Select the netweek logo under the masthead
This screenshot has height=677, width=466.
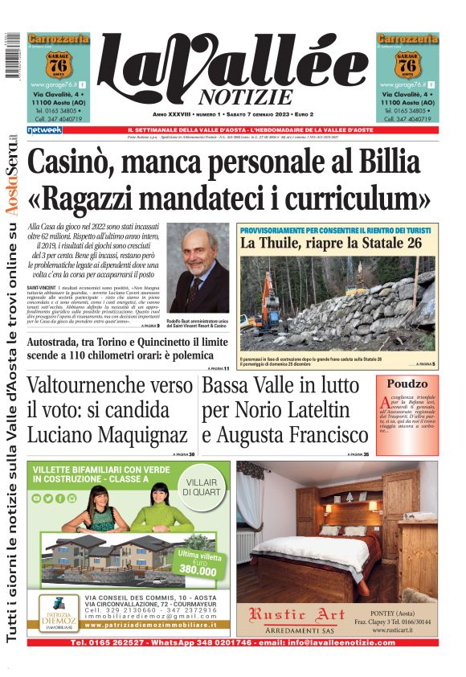[x=45, y=129]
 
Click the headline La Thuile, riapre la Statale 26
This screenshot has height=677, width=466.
[x=330, y=242]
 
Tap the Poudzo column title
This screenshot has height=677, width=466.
[x=407, y=384]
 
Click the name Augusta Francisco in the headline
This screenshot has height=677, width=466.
[x=285, y=435]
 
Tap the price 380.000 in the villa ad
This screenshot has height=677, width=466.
[x=198, y=570]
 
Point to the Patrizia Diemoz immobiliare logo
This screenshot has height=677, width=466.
[x=56, y=612]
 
